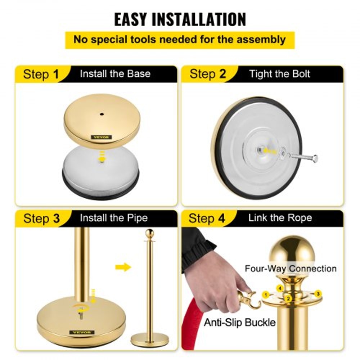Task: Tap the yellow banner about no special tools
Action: [x=180, y=40]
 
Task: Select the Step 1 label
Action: [x=41, y=74]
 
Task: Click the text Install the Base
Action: [x=115, y=74]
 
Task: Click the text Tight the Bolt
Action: [x=280, y=74]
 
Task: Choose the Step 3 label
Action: [x=41, y=219]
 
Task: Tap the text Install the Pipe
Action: [x=114, y=218]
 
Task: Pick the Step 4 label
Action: [x=207, y=219]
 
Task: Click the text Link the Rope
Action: [x=280, y=218]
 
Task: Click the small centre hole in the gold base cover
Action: [x=102, y=114]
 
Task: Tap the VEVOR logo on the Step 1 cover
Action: [x=102, y=137]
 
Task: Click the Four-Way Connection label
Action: [x=291, y=269]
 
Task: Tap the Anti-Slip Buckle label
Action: [x=240, y=322]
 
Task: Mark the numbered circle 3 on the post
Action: [x=318, y=293]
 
